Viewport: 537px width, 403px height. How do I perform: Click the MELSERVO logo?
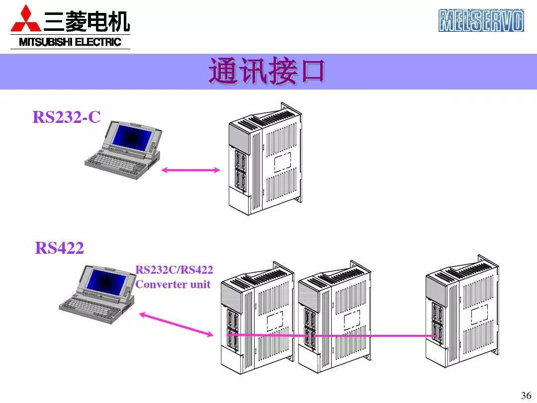click(x=481, y=21)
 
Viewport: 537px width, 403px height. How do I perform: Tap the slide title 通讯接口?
click(x=267, y=72)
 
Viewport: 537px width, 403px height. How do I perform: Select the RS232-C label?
click(x=67, y=117)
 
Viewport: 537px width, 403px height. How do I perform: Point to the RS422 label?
click(x=60, y=247)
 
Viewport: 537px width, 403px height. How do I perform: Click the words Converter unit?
click(x=173, y=285)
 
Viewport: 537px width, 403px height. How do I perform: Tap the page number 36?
click(x=526, y=396)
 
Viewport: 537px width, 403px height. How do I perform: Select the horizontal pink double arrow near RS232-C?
click(x=191, y=170)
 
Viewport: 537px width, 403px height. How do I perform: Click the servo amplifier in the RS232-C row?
click(x=264, y=159)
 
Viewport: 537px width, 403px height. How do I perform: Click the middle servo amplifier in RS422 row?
click(x=333, y=318)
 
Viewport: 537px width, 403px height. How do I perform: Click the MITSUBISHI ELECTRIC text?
click(x=70, y=42)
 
